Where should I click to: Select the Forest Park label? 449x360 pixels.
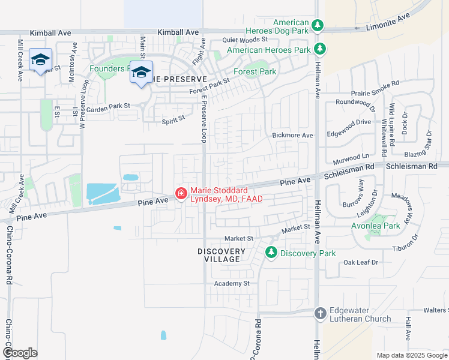(255, 71)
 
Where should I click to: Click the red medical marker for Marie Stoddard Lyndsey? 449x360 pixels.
(181, 193)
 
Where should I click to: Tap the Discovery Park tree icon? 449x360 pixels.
(271, 253)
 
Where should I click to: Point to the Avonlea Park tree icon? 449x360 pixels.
(377, 219)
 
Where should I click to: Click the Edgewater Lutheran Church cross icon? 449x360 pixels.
(320, 313)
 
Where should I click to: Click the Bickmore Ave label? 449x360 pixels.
(292, 136)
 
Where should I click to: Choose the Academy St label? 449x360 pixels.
(232, 283)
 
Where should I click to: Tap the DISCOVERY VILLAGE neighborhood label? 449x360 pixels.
(221, 256)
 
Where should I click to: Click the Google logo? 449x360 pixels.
(20, 353)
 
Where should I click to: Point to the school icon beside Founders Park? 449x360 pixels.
(140, 73)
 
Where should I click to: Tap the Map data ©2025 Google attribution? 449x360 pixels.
(411, 355)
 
